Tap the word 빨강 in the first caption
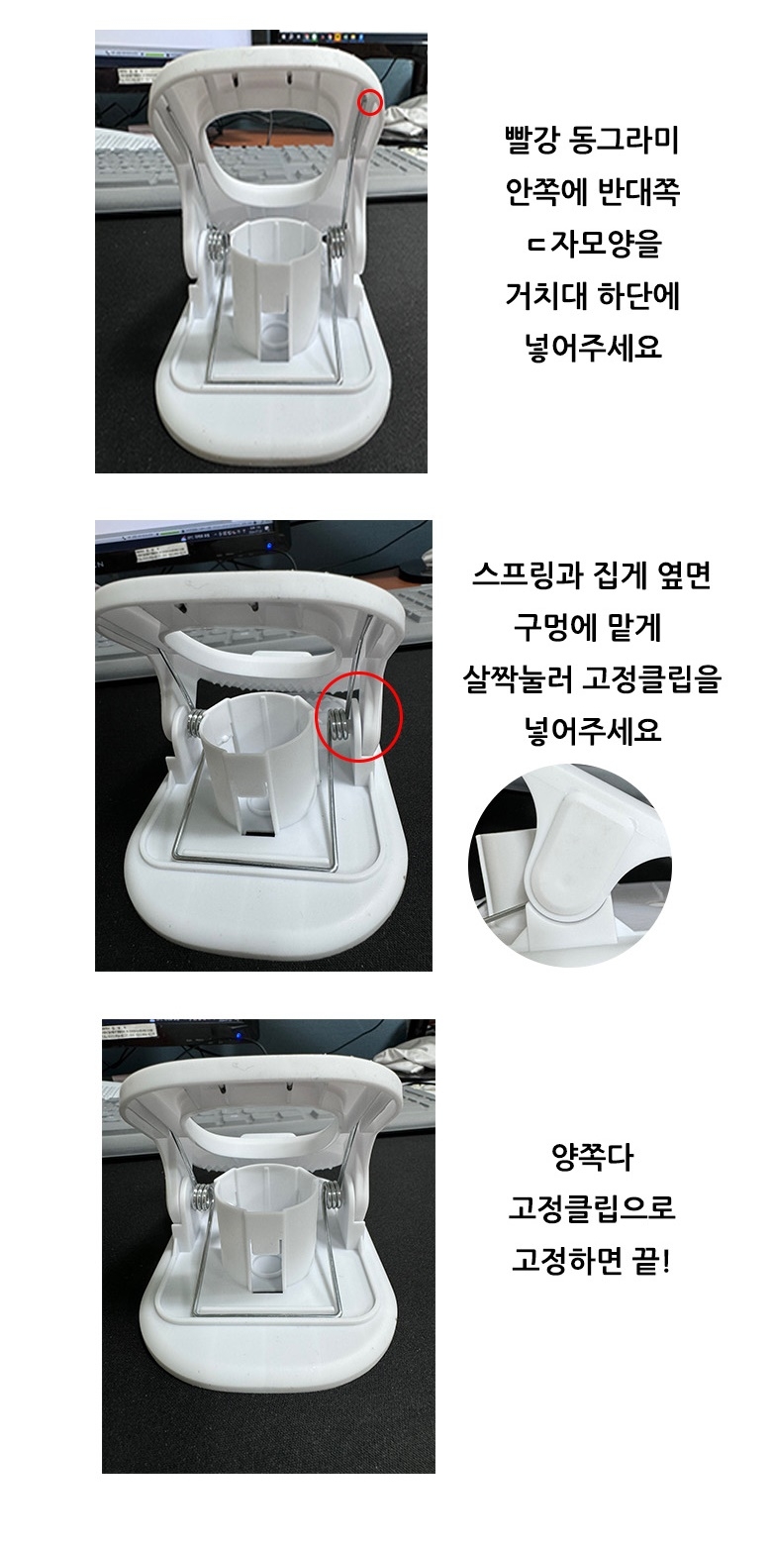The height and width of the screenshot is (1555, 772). click(531, 141)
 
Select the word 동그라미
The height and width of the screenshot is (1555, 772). click(624, 141)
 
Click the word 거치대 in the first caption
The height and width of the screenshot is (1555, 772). click(543, 296)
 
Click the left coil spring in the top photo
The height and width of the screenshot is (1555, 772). click(218, 247)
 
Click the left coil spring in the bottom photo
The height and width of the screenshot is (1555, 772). click(202, 1200)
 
